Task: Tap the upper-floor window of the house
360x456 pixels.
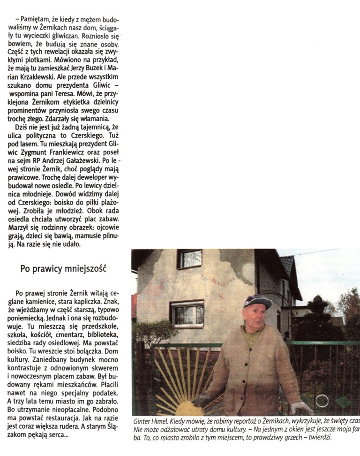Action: [x=189, y=258]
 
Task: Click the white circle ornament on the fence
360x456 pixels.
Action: [x=322, y=401]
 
